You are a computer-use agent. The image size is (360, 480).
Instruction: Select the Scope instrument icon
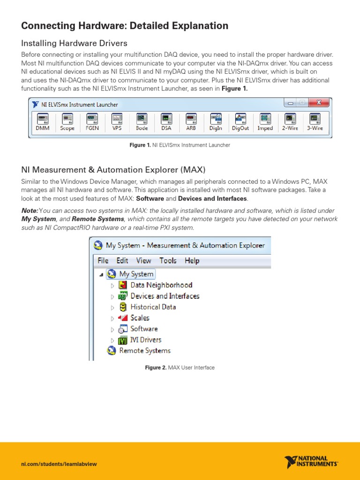click(x=67, y=122)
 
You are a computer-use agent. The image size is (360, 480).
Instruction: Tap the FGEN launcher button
click(x=92, y=122)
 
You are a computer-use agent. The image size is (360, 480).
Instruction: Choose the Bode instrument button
click(x=142, y=122)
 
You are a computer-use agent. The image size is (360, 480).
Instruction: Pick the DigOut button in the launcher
click(x=240, y=122)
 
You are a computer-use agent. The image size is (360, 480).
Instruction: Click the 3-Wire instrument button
click(x=315, y=122)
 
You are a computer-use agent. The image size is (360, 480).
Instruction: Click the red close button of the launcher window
click(x=320, y=103)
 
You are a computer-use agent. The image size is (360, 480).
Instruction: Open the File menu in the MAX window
click(x=103, y=261)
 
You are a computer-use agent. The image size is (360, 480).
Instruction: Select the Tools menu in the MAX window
click(x=168, y=261)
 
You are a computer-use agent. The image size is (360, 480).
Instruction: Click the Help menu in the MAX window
click(x=192, y=261)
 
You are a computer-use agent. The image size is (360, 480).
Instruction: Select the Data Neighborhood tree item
click(x=161, y=285)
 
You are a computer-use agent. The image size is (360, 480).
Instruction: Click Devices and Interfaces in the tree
click(x=165, y=296)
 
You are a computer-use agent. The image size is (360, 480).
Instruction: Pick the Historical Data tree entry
click(x=153, y=307)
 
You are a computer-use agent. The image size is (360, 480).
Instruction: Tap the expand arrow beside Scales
click(x=112, y=318)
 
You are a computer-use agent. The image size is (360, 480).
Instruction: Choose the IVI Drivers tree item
click(x=145, y=340)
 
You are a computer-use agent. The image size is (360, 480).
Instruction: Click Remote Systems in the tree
click(x=144, y=351)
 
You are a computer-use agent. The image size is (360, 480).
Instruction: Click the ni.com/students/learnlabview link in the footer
click(x=59, y=464)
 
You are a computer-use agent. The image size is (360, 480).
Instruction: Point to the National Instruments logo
click(x=310, y=462)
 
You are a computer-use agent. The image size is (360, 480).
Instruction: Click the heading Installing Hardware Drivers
click(x=74, y=43)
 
